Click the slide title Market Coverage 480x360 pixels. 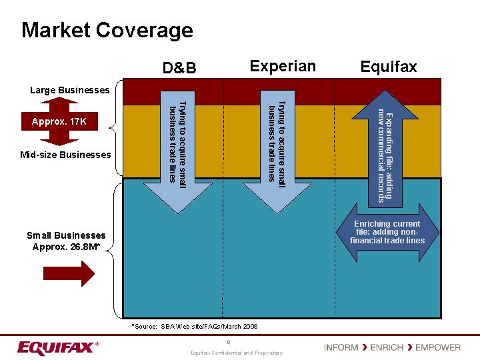(x=107, y=30)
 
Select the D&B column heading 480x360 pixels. (x=179, y=68)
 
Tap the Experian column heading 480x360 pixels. (x=282, y=66)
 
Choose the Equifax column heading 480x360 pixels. (x=388, y=67)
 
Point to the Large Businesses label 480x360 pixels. (x=70, y=90)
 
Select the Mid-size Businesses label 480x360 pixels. (x=65, y=155)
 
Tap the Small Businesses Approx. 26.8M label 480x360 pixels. (x=66, y=241)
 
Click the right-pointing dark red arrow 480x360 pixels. (x=69, y=273)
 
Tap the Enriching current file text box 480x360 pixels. (x=387, y=232)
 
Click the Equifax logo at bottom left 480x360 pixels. (x=58, y=348)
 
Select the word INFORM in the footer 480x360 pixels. (x=341, y=347)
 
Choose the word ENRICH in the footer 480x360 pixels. (x=387, y=347)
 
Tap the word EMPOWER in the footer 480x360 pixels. (x=438, y=347)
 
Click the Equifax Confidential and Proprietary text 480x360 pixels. (x=237, y=353)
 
